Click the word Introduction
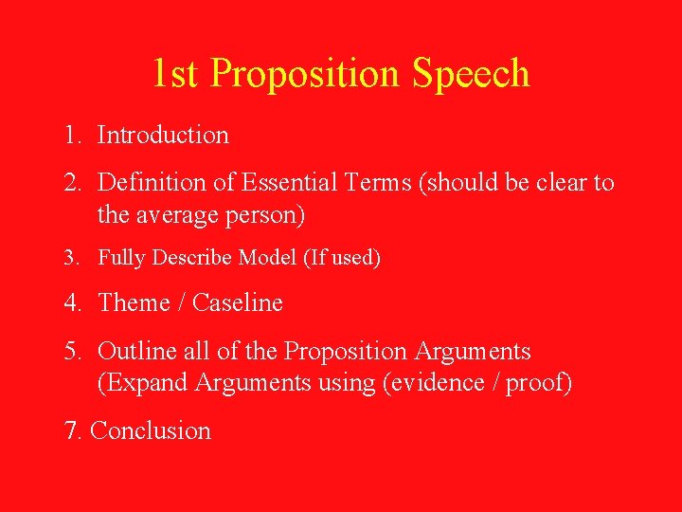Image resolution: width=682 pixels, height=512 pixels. [x=163, y=136]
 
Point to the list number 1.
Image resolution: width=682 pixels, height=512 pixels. [x=71, y=136]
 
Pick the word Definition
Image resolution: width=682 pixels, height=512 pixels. [x=145, y=181]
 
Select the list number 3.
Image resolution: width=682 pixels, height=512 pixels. [x=70, y=258]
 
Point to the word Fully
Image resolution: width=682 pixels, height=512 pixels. [x=119, y=258]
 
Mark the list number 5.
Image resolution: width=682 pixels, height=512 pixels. [x=71, y=352]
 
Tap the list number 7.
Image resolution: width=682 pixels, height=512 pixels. [x=70, y=431]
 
